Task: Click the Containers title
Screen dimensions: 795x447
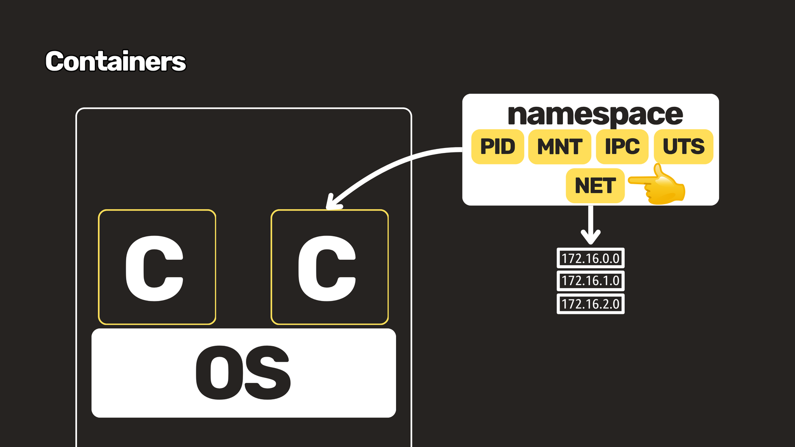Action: coord(115,61)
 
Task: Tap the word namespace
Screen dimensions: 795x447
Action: coord(595,115)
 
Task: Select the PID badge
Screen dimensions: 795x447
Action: coord(497,147)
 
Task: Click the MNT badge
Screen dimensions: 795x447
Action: coord(559,147)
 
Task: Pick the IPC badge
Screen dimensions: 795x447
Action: coord(622,147)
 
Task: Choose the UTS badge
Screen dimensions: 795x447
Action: coord(684,147)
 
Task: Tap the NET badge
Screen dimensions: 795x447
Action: coord(595,186)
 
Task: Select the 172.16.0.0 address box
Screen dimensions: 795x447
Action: coord(591,258)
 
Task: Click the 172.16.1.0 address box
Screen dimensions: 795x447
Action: coord(591,281)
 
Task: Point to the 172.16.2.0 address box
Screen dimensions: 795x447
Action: coord(591,303)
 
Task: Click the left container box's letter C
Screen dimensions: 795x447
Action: coord(155,269)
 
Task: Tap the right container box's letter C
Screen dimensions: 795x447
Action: coord(327,269)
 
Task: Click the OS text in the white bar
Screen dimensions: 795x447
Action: coord(243,373)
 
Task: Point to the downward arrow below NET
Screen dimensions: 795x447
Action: coord(591,225)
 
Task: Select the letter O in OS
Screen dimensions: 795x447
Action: coord(219,373)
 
